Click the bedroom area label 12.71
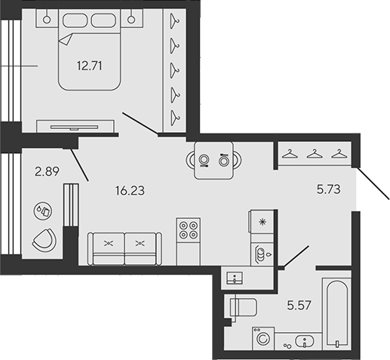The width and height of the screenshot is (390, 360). point(90,66)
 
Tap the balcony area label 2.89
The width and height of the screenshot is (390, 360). point(47,171)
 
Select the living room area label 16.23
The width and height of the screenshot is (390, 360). point(130,191)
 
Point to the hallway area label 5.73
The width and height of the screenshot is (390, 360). point(328,189)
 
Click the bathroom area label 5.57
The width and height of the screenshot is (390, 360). point(299,305)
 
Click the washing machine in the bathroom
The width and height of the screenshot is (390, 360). point(263,338)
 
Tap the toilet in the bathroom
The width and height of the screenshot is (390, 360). point(244,307)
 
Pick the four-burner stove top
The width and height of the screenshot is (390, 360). point(189,230)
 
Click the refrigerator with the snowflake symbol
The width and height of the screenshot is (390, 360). point(261,222)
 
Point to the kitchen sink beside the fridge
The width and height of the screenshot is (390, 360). point(263,254)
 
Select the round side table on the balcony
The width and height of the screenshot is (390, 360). point(43,211)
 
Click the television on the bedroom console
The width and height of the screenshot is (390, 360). point(74,128)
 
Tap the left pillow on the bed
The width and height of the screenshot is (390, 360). point(75,20)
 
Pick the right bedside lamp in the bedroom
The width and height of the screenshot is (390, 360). point(131,20)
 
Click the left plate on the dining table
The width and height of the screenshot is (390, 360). point(204,160)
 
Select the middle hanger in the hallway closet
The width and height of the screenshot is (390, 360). point(315,154)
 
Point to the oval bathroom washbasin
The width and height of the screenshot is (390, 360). point(305,341)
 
